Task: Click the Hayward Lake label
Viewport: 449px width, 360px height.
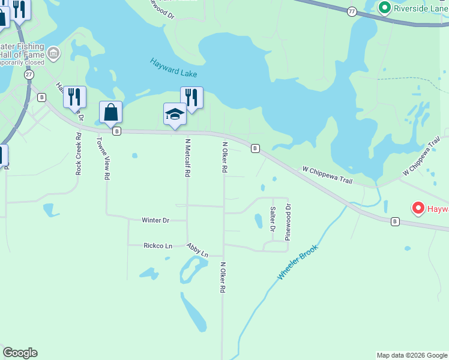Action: click(x=173, y=68)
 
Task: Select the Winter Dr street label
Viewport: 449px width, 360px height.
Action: click(x=155, y=220)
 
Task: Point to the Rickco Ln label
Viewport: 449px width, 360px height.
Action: click(x=158, y=245)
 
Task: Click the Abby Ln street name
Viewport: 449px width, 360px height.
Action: click(x=197, y=250)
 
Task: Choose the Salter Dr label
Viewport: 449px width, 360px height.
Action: click(x=273, y=219)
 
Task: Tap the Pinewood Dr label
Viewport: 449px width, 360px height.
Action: click(x=288, y=222)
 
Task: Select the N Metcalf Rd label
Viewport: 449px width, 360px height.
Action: click(x=187, y=158)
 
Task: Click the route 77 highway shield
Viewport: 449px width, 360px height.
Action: click(x=352, y=11)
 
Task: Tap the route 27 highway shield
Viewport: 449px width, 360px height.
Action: click(x=28, y=74)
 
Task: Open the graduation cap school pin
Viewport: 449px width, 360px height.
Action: click(x=175, y=113)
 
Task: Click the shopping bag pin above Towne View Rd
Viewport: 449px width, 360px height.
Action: click(x=111, y=112)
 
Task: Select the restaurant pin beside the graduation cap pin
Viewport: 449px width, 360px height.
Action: click(x=191, y=97)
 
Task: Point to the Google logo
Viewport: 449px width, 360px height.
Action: click(x=20, y=353)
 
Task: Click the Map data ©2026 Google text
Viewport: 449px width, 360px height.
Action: click(x=412, y=355)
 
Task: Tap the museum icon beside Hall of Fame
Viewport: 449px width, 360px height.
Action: click(x=53, y=53)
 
